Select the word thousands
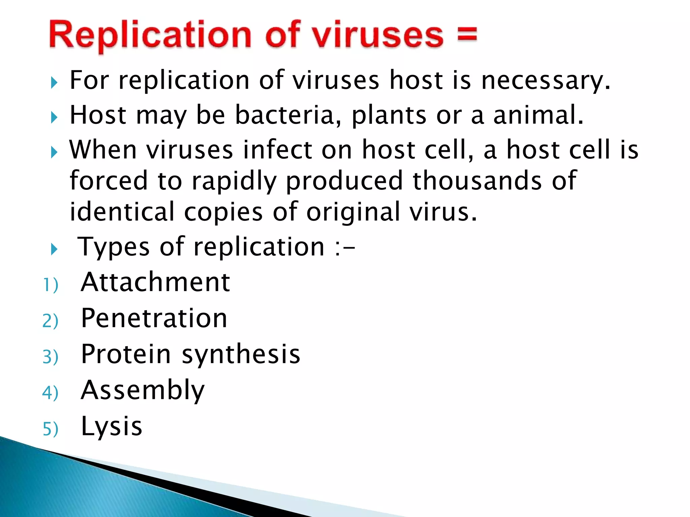477,180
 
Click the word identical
122,212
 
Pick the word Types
114,247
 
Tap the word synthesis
241,355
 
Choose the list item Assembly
143,390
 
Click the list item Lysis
112,426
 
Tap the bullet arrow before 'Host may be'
54,117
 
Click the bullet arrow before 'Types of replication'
54,249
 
